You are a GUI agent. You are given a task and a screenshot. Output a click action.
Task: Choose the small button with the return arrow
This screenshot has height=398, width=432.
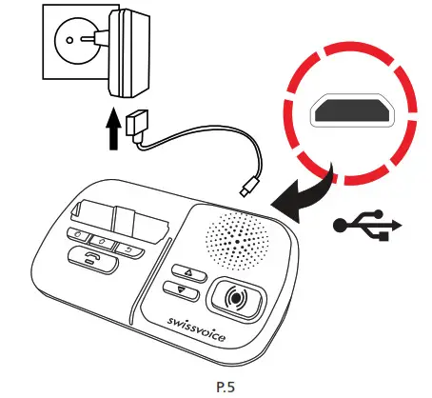pos(127,249)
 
